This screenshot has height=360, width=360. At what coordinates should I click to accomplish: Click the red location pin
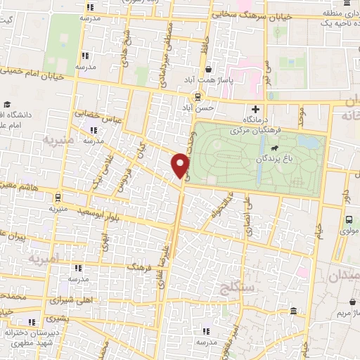[x=181, y=165]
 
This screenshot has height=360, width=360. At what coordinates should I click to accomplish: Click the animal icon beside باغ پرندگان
[x=272, y=148]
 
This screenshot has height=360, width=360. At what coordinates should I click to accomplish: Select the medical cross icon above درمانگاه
[x=255, y=109]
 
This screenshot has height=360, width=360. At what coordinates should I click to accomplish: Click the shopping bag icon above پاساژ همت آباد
[x=209, y=69]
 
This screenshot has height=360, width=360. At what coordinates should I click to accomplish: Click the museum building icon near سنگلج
[x=293, y=292]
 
